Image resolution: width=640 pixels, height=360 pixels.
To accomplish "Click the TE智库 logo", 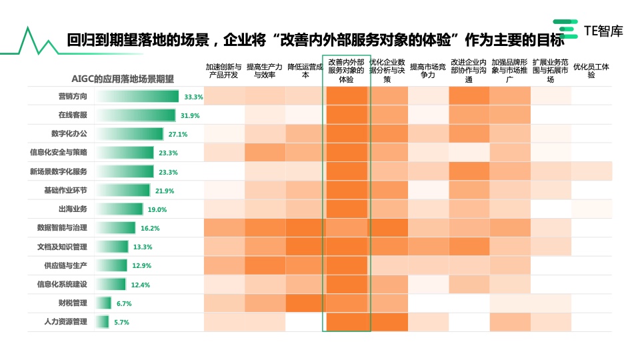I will pos(590,31).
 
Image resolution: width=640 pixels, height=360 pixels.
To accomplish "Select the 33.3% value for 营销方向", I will pos(193,97).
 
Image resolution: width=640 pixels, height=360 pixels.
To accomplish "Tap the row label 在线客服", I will pos(73,115).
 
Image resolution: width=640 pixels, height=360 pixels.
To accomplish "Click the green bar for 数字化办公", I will pos(129,134).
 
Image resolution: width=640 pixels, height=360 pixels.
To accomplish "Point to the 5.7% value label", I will pos(121,323).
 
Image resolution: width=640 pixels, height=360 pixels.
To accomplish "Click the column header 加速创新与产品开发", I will pos(223,71).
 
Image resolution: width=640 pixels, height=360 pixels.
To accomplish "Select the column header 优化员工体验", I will pos(591,71).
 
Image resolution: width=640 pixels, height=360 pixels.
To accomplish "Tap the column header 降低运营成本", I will pos(305,71).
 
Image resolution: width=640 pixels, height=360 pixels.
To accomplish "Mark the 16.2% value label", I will pos(150,228).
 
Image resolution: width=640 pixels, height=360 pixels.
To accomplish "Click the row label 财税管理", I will pos(73,303).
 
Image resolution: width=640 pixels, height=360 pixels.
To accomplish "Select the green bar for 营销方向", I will pos(137,97).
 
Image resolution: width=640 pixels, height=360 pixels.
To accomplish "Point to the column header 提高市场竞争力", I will pos(427,71).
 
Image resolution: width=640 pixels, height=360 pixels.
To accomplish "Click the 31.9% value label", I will pos(190,115).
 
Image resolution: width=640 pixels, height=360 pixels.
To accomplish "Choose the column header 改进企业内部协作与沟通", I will pos(469,71).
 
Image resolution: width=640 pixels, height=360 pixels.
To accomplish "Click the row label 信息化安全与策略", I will pos(59,153).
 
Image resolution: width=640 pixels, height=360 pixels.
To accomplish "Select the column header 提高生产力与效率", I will pos(264,71).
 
